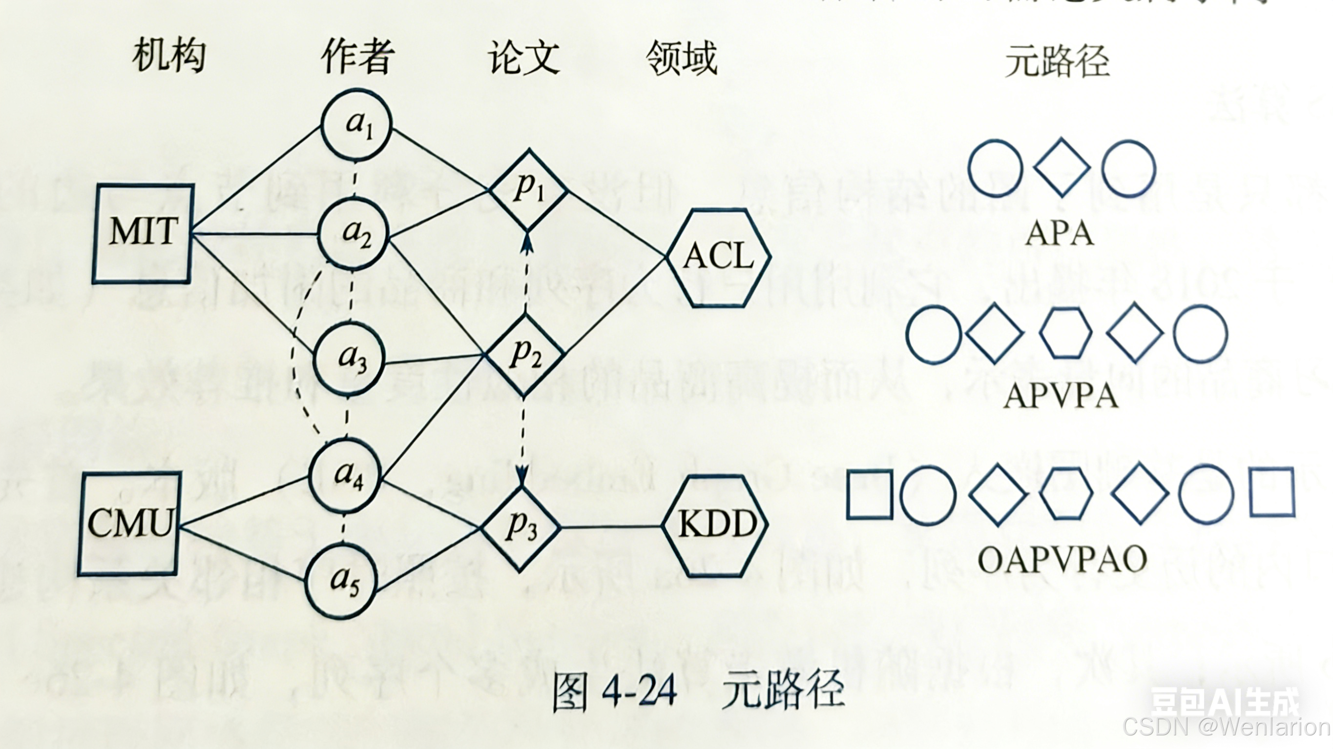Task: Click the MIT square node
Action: (144, 234)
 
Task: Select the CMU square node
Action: (129, 524)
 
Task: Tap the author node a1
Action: (356, 124)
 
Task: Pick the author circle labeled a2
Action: (353, 234)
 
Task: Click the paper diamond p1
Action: (528, 190)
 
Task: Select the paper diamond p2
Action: (523, 355)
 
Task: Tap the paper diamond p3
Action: (521, 528)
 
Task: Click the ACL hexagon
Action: (719, 257)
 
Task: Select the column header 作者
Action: (357, 57)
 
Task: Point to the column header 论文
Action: (523, 58)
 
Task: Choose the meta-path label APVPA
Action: (1061, 397)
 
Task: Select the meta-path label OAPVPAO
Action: (1062, 560)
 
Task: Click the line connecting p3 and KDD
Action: (611, 527)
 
